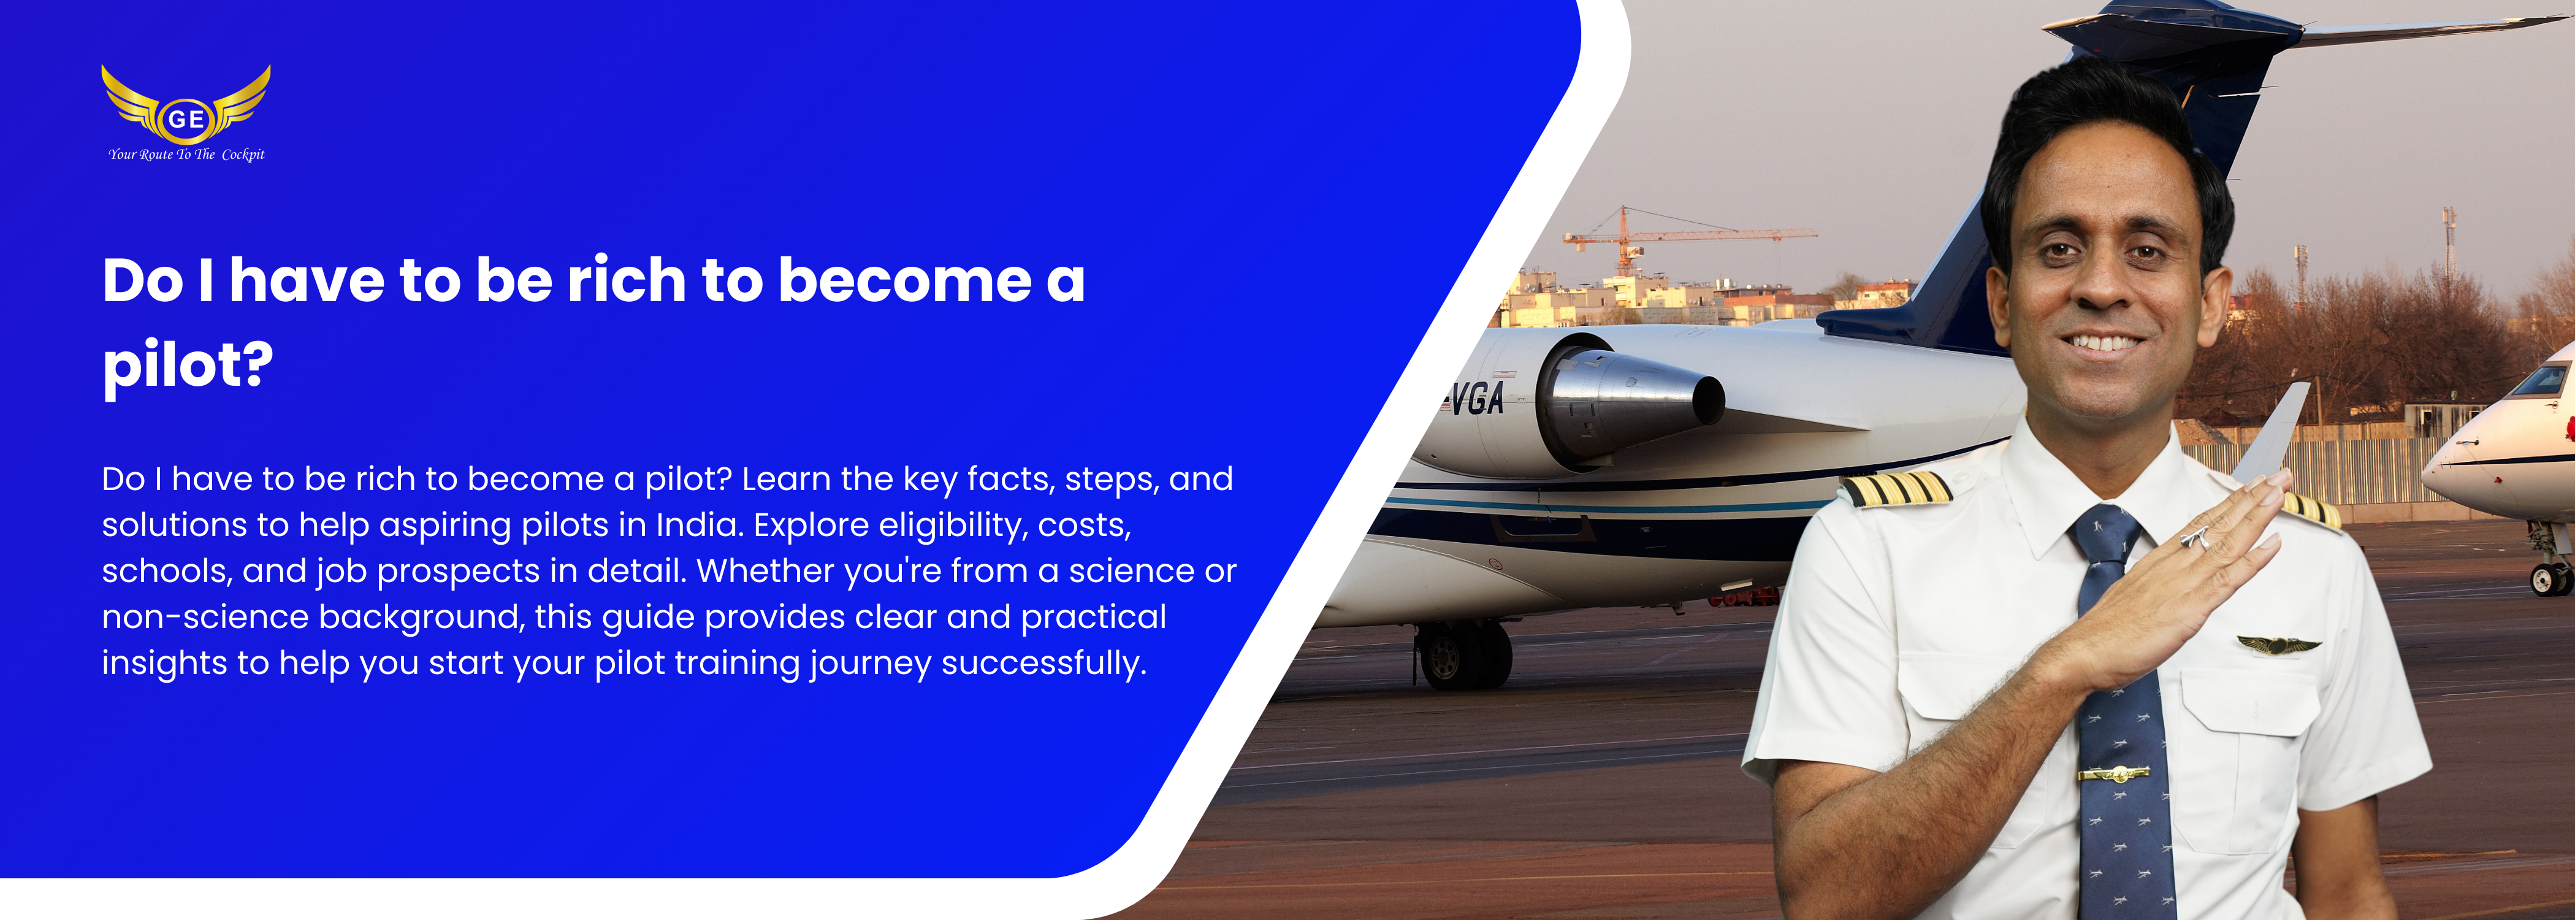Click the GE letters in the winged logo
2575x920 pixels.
tap(186, 119)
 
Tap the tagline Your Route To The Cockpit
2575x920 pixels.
tap(187, 154)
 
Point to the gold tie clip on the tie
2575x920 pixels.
tap(2113, 773)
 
